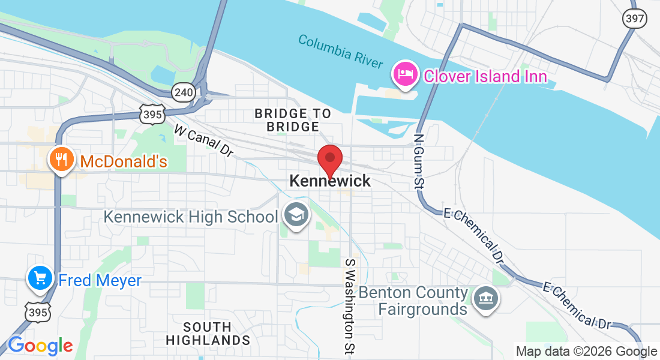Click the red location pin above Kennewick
pyautogui.click(x=329, y=159)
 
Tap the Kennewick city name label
pyautogui.click(x=330, y=181)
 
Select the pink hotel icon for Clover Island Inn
pyautogui.click(x=405, y=74)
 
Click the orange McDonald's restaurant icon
pyautogui.click(x=61, y=160)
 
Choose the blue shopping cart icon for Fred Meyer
pyautogui.click(x=40, y=278)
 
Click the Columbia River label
pyautogui.click(x=340, y=51)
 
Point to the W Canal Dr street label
pyautogui.click(x=203, y=141)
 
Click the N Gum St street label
pyautogui.click(x=419, y=161)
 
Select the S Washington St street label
pyautogui.click(x=349, y=306)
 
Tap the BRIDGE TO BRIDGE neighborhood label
pyautogui.click(x=293, y=120)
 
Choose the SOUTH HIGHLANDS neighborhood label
pyautogui.click(x=208, y=334)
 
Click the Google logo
pyautogui.click(x=40, y=346)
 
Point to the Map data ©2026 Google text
pyautogui.click(x=586, y=352)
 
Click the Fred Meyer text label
pyautogui.click(x=100, y=280)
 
